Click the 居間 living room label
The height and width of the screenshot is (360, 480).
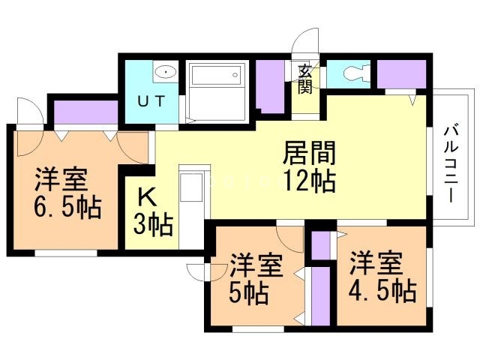[x=308, y=153]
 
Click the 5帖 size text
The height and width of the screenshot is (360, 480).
[x=250, y=294]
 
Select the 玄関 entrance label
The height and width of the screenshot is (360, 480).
[x=306, y=78]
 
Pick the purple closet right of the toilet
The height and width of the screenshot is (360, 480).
[x=401, y=73]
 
